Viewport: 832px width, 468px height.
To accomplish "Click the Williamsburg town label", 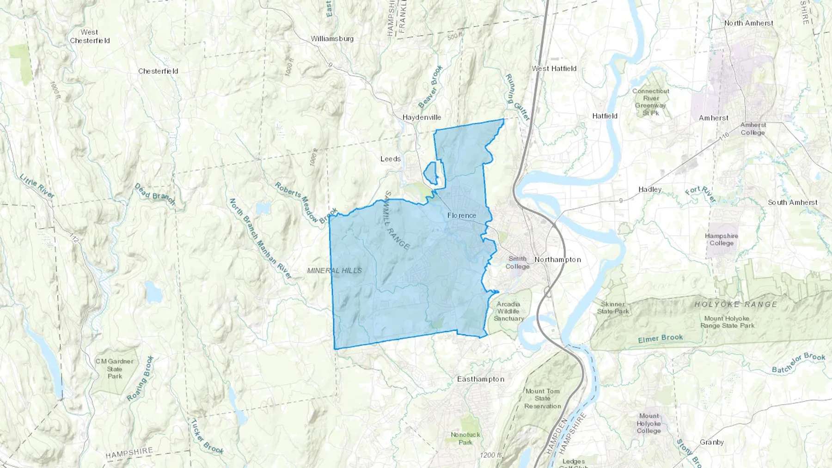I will click(332, 39).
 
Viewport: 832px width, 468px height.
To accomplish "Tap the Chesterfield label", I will click(158, 71).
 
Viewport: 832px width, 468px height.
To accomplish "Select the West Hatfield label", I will click(554, 68).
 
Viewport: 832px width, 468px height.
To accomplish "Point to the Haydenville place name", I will click(422, 117).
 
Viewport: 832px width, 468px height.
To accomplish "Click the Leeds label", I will click(390, 159).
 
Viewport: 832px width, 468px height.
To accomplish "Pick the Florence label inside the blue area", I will click(461, 215).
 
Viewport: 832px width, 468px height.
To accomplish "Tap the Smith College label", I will click(517, 262).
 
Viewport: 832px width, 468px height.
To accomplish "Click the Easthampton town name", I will click(480, 379).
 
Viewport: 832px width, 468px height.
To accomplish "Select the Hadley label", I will click(649, 189).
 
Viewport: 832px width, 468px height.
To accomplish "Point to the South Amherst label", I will click(792, 202).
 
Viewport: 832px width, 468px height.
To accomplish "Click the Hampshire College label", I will click(721, 239).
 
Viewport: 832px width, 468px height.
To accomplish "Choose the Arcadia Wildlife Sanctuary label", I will click(508, 311).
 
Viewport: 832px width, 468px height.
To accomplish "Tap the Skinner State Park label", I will click(613, 308).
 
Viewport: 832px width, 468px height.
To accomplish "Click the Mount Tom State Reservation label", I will click(542, 398).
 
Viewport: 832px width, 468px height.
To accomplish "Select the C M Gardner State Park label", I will click(115, 369).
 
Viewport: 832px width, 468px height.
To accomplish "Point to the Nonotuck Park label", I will click(465, 438).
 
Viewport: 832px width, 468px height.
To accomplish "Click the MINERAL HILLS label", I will click(335, 270).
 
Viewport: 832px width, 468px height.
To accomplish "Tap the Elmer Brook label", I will click(660, 339).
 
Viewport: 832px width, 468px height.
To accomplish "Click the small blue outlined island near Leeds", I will click(431, 172).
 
